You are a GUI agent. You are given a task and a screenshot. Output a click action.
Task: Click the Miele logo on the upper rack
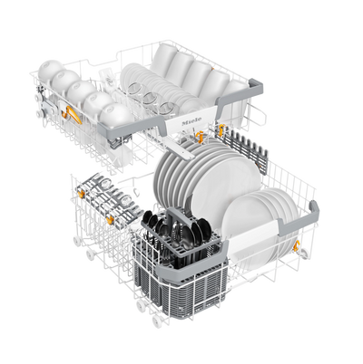point(191,121)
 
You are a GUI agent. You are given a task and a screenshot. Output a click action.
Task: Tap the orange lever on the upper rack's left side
point(74,114)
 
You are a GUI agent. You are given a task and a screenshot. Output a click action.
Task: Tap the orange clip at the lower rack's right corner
point(297,245)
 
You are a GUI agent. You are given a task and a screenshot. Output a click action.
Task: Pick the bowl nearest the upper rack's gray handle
point(116,116)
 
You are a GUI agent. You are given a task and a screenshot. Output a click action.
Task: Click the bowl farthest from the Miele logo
point(49,69)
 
